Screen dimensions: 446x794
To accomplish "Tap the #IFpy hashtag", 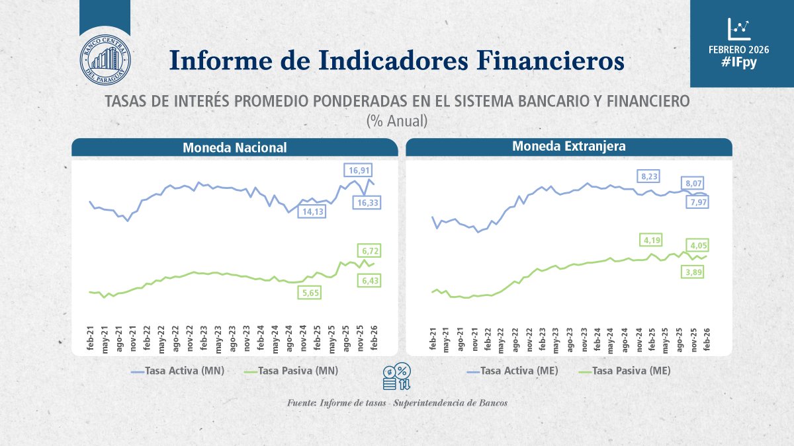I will [x=742, y=63].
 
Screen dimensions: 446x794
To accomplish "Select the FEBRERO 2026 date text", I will [x=742, y=49].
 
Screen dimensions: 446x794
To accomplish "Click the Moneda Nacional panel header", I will [x=235, y=147].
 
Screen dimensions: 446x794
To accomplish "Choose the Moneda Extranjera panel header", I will [x=568, y=146].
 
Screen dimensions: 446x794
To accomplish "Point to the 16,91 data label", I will [x=356, y=170].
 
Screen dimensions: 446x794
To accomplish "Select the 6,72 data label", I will [x=369, y=250].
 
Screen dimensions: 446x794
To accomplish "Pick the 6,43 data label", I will [x=369, y=281].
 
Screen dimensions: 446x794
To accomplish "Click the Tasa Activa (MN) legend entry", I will [x=178, y=371].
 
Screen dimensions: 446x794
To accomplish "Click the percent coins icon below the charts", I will [x=397, y=377].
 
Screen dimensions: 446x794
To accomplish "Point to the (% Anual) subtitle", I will [x=397, y=122].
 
